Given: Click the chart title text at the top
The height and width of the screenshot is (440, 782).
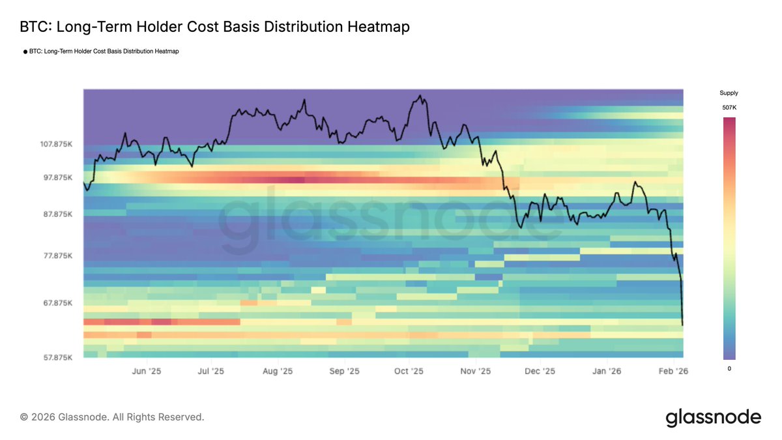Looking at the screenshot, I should click(x=215, y=27).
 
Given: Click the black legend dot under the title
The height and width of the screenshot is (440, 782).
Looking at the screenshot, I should click(x=25, y=51).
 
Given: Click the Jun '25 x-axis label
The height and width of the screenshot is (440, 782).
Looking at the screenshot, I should click(x=147, y=372).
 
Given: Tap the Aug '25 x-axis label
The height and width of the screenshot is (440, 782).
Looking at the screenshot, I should click(x=278, y=372).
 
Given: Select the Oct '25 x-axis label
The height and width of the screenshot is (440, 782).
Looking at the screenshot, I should click(x=409, y=372).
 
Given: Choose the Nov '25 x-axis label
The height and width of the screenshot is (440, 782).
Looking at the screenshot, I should click(x=475, y=372).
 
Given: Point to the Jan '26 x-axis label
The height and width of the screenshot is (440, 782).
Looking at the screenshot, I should click(x=607, y=372).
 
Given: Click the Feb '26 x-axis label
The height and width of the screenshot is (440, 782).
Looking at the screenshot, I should click(x=673, y=372).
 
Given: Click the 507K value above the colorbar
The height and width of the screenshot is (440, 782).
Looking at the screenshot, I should click(x=729, y=108).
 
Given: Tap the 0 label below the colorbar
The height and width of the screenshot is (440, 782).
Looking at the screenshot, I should click(x=729, y=369).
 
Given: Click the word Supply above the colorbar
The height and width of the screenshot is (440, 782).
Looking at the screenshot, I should click(x=729, y=93).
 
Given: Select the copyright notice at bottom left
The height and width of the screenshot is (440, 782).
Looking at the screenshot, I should click(x=112, y=417).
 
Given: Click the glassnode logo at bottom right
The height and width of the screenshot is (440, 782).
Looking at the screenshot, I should click(x=713, y=417).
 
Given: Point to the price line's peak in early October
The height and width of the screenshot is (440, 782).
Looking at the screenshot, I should click(x=421, y=96).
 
